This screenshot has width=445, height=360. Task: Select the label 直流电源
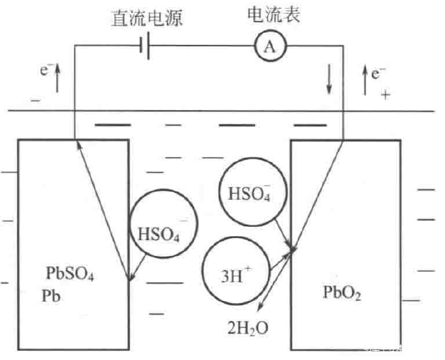[x=146, y=19]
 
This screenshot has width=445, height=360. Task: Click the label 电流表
[x=273, y=15]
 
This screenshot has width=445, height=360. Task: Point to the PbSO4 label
[x=70, y=272]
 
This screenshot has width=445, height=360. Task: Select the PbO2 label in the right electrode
[x=342, y=291]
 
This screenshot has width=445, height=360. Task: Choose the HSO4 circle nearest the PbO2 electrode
[x=249, y=193]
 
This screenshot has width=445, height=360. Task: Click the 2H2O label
[x=249, y=326]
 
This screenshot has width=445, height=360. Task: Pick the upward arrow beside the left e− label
[x=57, y=78]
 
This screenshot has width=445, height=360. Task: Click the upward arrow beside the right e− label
[x=364, y=78]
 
